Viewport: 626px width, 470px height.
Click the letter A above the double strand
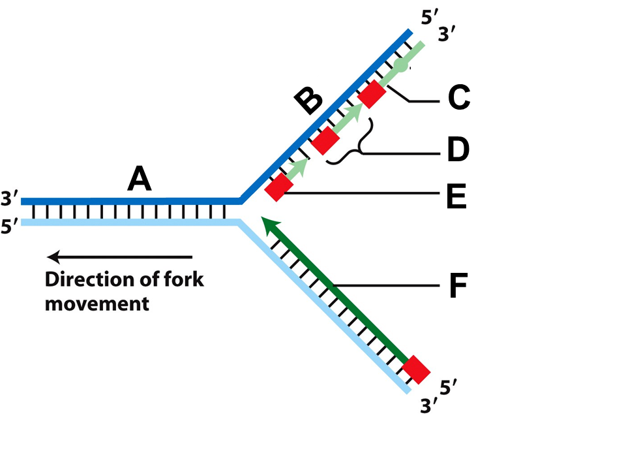140,179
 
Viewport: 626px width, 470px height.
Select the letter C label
459,97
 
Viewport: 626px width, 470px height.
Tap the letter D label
458,149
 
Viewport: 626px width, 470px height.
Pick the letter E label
456,196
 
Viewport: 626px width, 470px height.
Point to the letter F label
458,285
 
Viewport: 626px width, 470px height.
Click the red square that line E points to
279,187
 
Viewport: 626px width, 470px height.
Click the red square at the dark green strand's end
416,369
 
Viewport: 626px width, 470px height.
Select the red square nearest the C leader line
372,94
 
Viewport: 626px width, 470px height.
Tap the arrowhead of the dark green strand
269,225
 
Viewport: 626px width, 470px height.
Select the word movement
97,304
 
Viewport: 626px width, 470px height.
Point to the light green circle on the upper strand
401,65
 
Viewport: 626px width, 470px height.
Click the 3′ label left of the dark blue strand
9,198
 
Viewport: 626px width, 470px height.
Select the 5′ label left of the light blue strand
9,227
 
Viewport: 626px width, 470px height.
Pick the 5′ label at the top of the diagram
430,18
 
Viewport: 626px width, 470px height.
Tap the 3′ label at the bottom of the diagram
429,406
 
